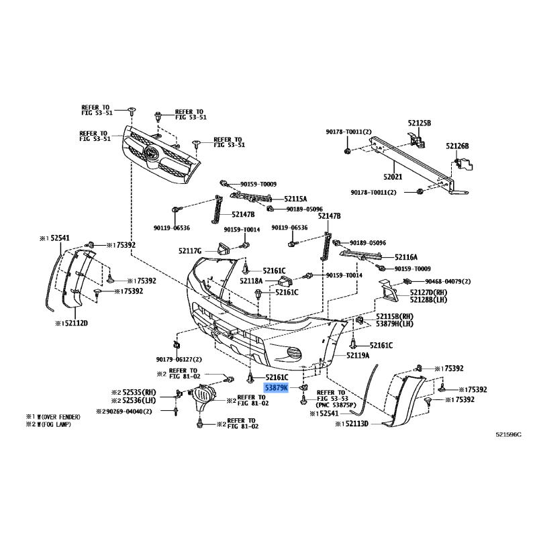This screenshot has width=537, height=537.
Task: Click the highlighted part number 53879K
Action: point(276,388)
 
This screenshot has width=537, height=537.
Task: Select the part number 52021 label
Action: point(393,177)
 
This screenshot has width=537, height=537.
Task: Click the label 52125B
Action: point(419,123)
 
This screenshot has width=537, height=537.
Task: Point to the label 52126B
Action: point(458,146)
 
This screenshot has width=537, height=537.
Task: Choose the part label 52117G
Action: point(190,251)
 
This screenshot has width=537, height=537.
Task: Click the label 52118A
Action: point(251,281)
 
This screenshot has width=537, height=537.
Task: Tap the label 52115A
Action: point(295,199)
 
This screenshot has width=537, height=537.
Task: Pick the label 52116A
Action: point(406,257)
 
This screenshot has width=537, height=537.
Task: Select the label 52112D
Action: point(72,323)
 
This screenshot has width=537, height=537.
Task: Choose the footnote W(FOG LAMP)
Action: point(53,424)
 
